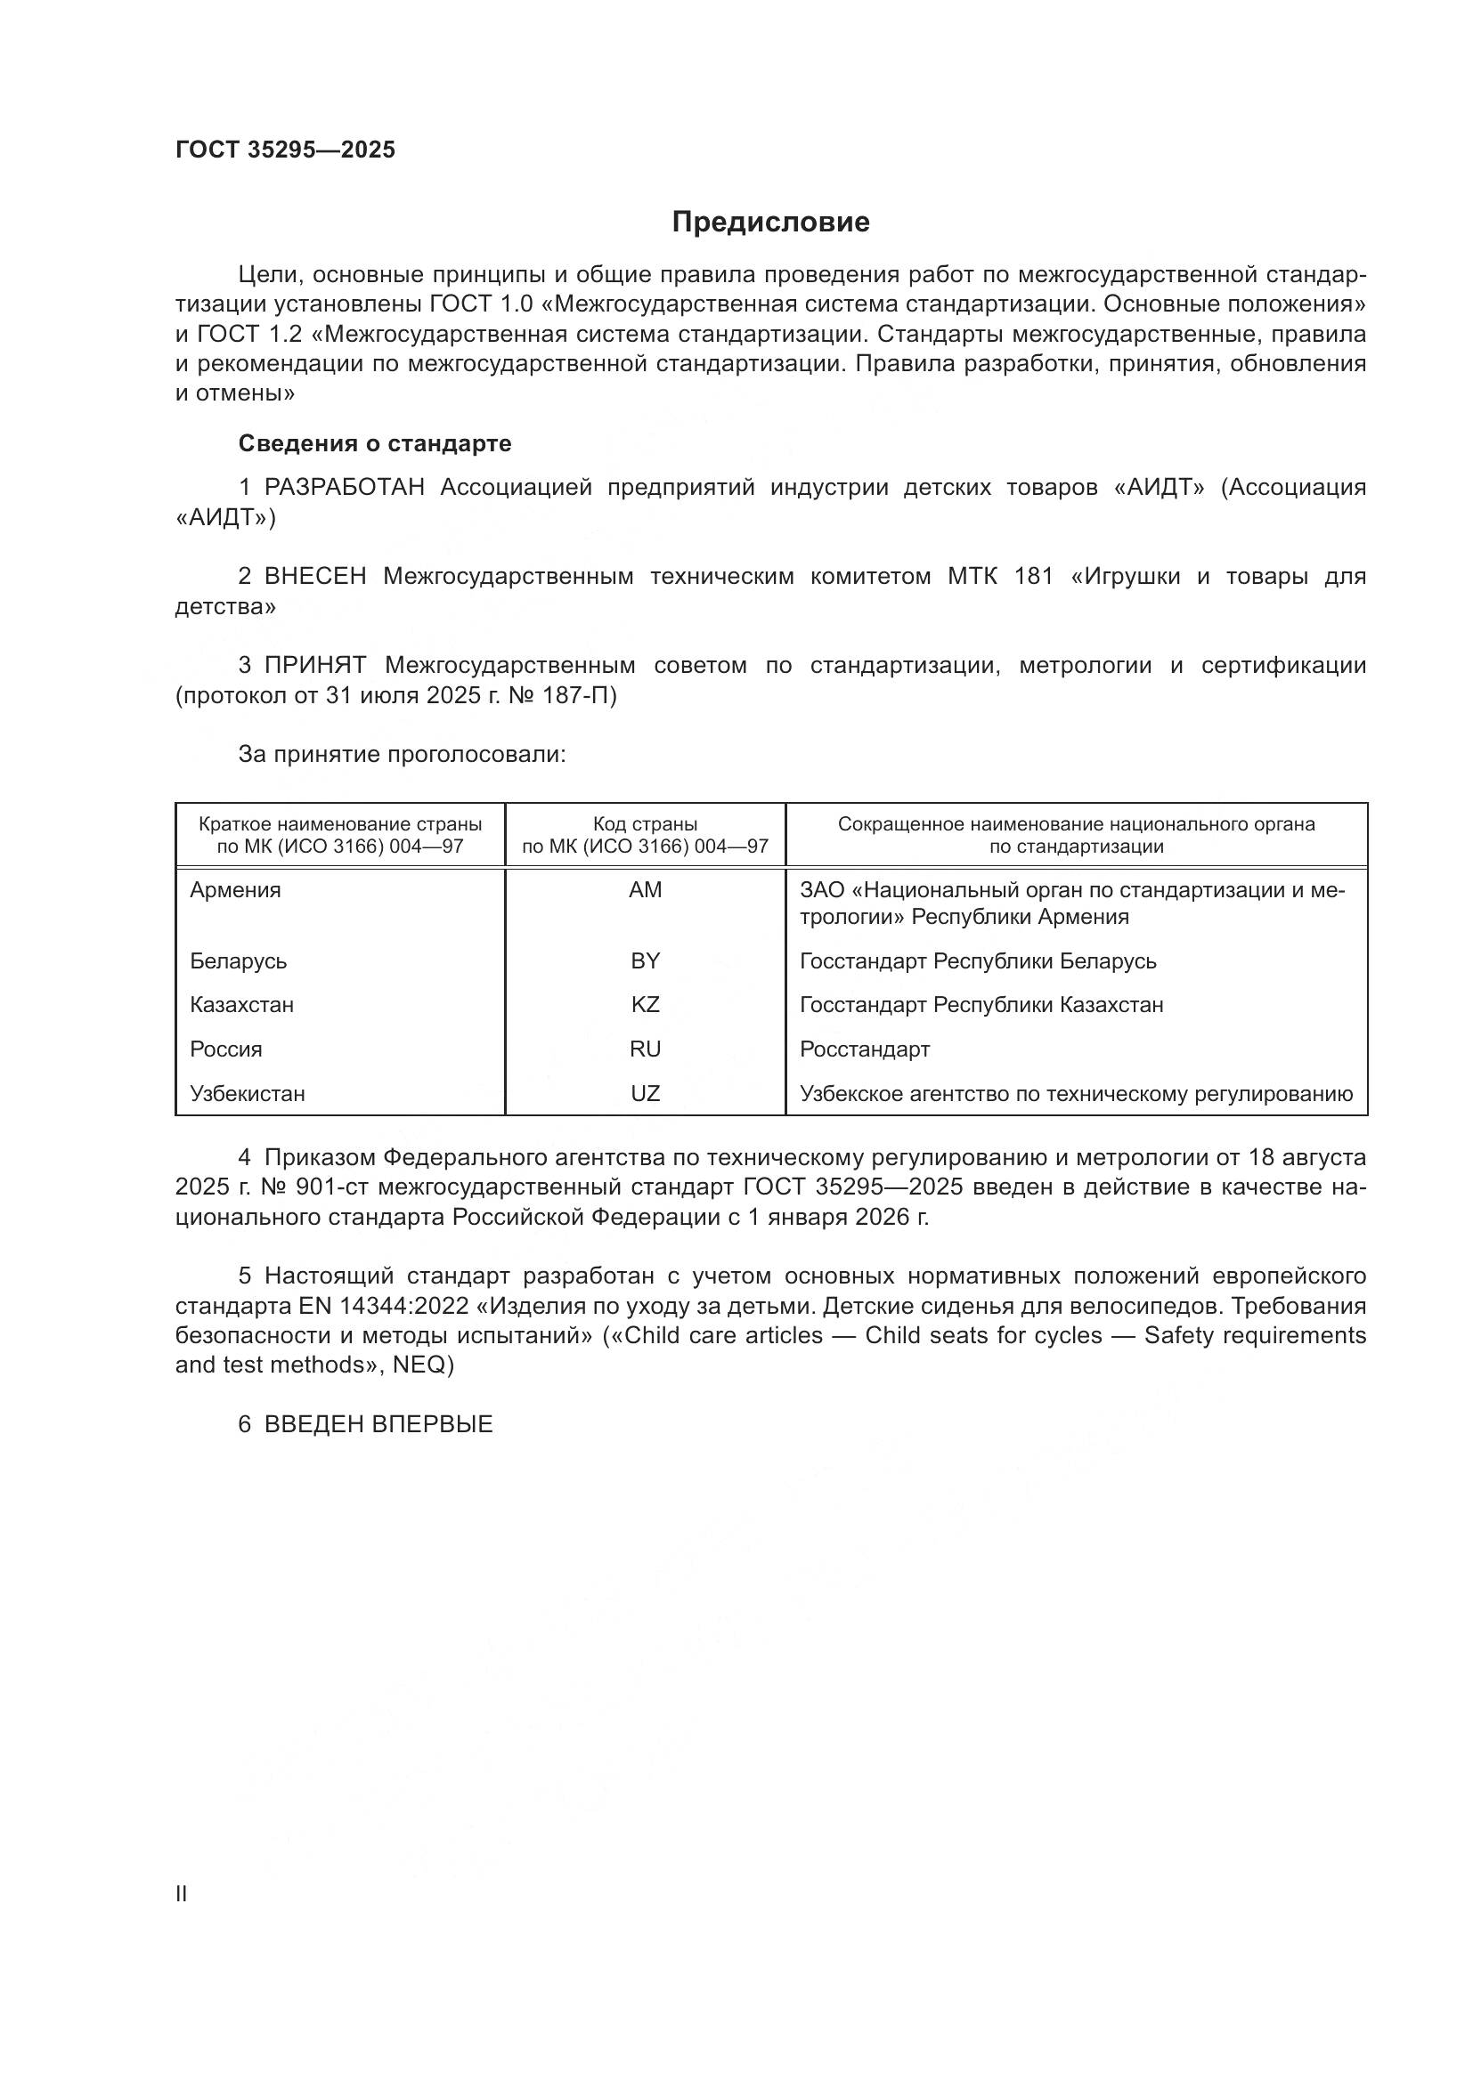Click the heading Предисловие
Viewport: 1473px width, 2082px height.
click(x=770, y=223)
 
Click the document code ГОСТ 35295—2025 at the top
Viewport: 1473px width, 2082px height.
click(x=285, y=150)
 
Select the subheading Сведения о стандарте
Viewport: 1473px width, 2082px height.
click(x=375, y=443)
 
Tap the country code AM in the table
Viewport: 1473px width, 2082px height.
click(x=645, y=890)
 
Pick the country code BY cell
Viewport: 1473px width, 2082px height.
click(x=645, y=961)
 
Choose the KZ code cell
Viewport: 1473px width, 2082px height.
click(x=645, y=1005)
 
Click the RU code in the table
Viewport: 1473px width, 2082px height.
click(x=645, y=1049)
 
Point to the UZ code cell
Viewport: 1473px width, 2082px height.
click(x=645, y=1094)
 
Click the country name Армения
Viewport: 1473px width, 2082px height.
click(x=235, y=890)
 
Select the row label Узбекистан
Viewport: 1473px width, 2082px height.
click(x=247, y=1094)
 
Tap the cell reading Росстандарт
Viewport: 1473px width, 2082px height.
click(x=865, y=1049)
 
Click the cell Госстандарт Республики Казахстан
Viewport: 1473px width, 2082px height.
click(x=981, y=1005)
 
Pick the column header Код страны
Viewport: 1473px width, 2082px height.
click(x=645, y=824)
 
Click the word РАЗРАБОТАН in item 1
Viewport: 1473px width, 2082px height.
click(x=344, y=488)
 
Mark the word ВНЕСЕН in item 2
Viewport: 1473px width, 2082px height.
click(x=314, y=577)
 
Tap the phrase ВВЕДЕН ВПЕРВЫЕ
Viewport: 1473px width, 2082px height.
click(x=378, y=1424)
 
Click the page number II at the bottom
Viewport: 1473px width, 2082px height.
click(x=181, y=1894)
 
